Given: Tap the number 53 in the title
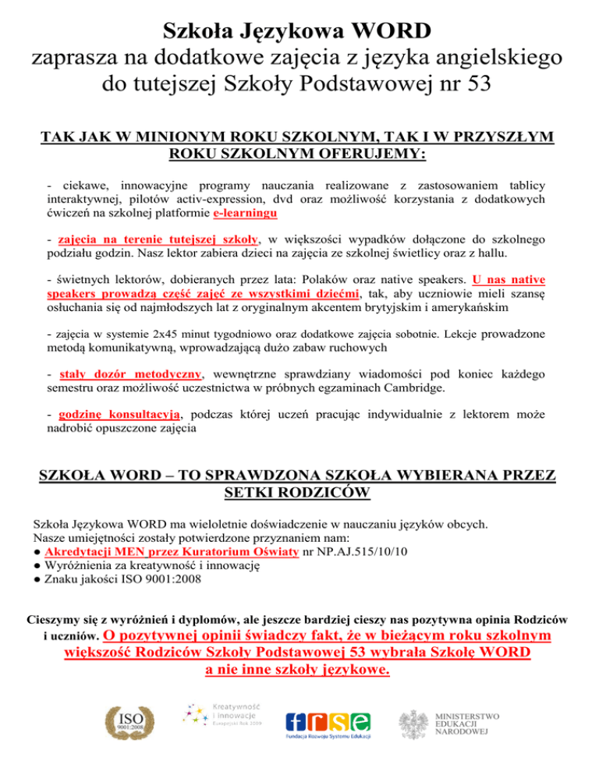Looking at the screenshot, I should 476,81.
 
